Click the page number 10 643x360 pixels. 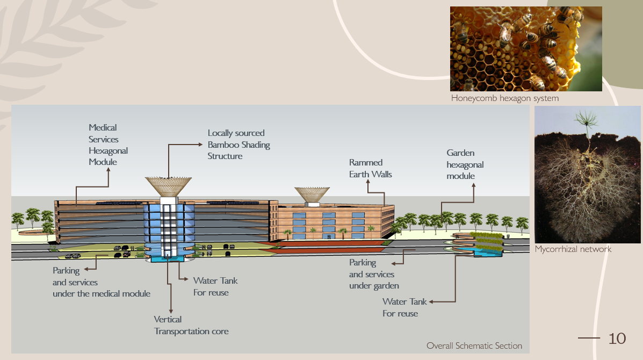617,339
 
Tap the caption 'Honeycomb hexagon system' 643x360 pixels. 505,98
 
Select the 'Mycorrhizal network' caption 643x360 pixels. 573,249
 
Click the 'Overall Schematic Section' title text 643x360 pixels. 474,345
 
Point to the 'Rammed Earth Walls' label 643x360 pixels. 370,168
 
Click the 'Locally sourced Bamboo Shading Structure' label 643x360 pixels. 239,145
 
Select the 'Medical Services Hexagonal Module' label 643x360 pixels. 109,145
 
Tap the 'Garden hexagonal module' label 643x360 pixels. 465,164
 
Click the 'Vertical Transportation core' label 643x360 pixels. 191,325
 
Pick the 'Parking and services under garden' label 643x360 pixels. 374,274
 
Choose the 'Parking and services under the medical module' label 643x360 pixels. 102,282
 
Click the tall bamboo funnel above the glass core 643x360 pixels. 168,186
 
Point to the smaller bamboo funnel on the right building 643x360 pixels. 312,195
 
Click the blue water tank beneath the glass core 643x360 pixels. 169,259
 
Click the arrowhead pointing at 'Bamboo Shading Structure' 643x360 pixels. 200,145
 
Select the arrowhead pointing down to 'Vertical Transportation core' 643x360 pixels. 171,312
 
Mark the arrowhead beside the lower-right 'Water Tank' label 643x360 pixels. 431,302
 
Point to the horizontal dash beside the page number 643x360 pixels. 589,338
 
